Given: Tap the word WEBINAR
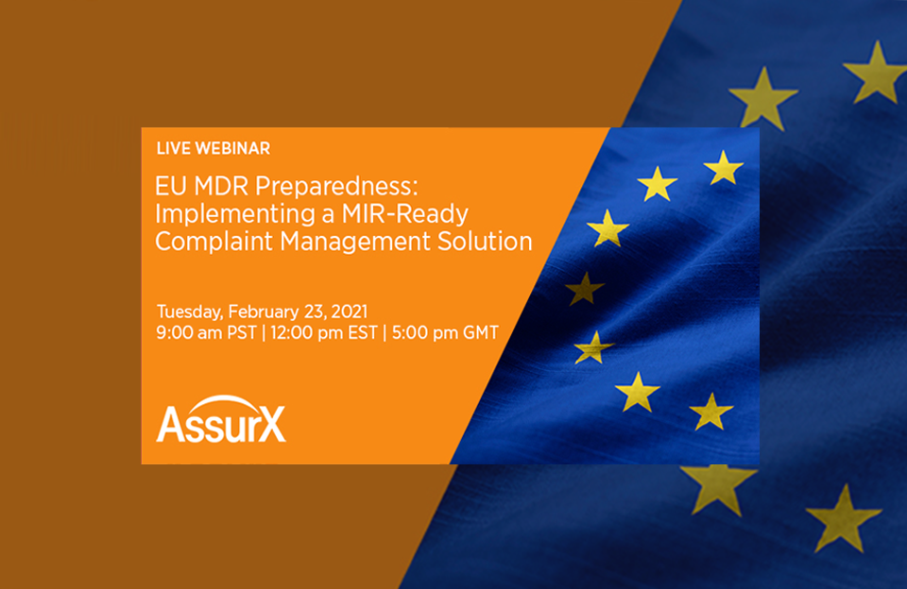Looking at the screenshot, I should point(230,148).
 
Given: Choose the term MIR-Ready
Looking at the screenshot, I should point(407,213).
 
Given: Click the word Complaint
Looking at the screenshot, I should point(201,241).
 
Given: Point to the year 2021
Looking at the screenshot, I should point(346,311).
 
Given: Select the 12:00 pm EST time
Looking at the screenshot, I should point(323,332).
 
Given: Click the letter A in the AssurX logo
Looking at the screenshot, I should point(170,425).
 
